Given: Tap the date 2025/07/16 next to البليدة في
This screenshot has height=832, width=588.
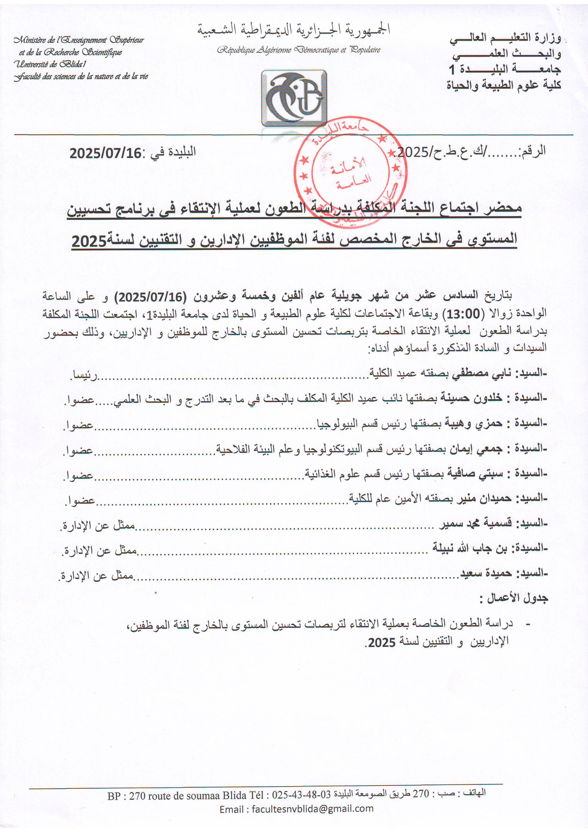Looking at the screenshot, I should click(105, 153).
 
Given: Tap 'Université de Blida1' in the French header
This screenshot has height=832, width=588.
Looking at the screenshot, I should click(50, 64).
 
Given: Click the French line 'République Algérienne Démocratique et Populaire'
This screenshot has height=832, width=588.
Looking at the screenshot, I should click(299, 50).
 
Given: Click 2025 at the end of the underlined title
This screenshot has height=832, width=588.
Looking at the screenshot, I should click(88, 242).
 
